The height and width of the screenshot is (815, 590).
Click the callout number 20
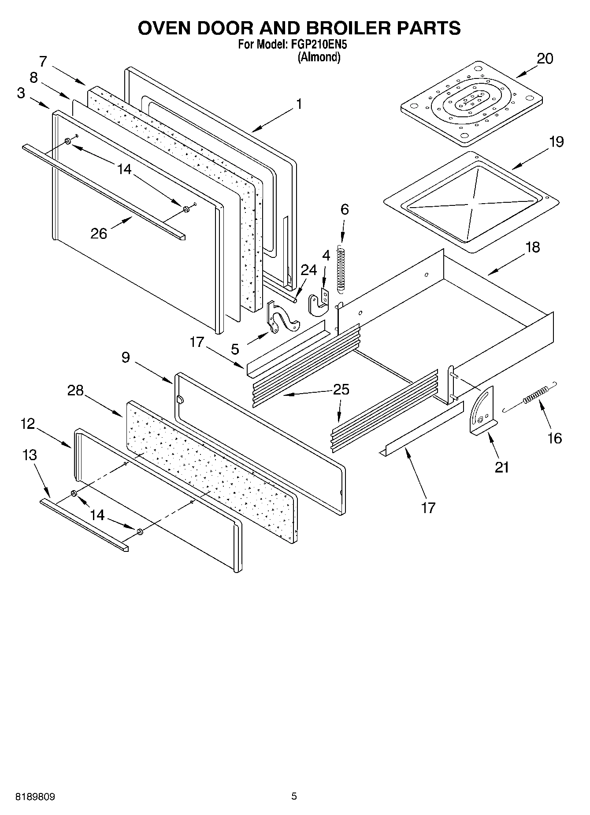545,59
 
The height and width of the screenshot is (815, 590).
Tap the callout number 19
556,142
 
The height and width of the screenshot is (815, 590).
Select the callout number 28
75,390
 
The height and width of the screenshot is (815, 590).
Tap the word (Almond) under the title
319,57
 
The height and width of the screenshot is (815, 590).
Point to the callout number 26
99,233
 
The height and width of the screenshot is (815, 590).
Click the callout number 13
30,455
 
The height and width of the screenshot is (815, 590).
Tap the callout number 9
126,357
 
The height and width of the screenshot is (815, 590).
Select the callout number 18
532,247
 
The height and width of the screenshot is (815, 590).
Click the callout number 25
341,390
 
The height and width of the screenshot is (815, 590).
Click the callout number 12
27,424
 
